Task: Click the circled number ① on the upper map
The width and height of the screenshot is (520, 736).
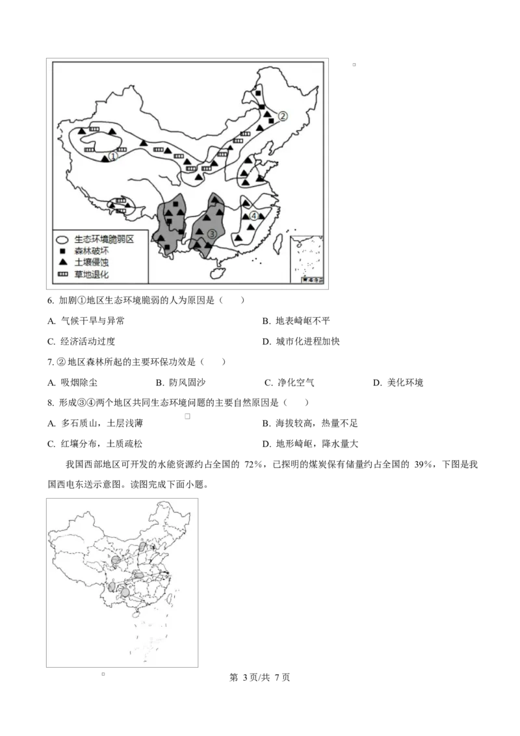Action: [x=112, y=156]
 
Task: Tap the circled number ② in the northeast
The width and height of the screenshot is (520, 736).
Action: [x=283, y=116]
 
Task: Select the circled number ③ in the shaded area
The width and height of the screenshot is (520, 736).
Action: [x=212, y=233]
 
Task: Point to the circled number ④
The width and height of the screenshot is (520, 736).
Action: [x=254, y=216]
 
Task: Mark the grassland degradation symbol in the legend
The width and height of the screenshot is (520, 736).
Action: [x=63, y=274]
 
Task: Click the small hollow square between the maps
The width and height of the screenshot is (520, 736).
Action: [x=187, y=416]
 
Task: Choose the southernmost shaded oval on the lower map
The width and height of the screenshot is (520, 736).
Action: [x=125, y=592]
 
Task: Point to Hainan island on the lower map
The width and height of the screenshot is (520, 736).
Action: [x=136, y=612]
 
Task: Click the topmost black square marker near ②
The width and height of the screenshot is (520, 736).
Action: [x=259, y=94]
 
